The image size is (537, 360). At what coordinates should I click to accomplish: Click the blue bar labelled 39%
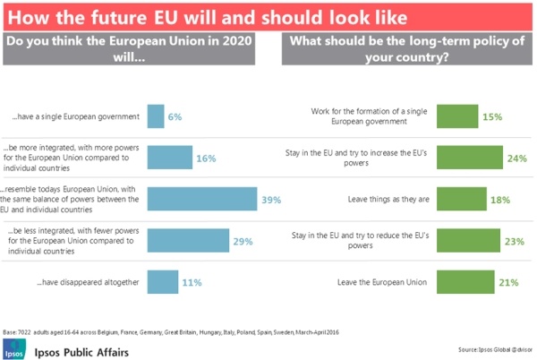[x=202, y=199]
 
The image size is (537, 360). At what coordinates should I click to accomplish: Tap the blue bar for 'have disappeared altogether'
[x=162, y=282]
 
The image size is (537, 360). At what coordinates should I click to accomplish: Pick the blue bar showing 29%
[x=188, y=241]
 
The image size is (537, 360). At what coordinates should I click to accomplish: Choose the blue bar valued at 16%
[x=169, y=158]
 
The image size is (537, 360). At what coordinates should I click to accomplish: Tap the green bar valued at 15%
[x=457, y=116]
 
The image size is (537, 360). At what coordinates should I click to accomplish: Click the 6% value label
[x=175, y=116]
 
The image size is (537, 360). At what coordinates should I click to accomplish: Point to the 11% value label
[x=192, y=282]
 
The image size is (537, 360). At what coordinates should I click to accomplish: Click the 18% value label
[x=499, y=199]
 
